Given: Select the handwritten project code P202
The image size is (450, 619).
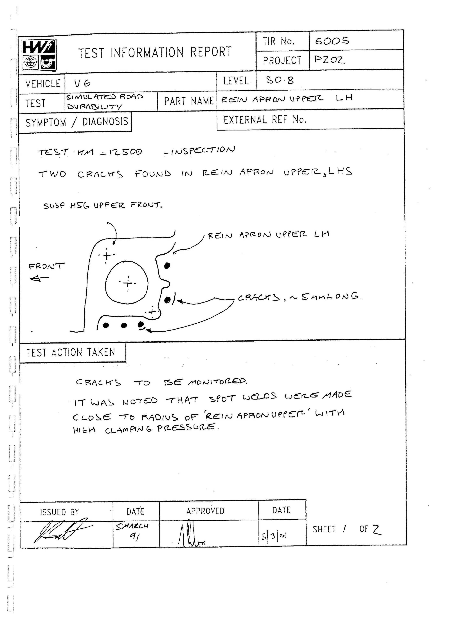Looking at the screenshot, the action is pos(329,59).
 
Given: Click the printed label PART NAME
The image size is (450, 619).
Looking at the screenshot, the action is pos(189,101).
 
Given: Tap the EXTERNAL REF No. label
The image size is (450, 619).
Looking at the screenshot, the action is pos(265,120).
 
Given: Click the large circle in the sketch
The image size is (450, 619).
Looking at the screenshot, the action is pos(127,283).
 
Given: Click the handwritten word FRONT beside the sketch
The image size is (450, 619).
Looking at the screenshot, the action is pos(46,266).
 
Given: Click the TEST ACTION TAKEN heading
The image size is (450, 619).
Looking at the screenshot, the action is pos(71,353).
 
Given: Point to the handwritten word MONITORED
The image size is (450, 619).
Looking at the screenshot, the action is pos(217,382).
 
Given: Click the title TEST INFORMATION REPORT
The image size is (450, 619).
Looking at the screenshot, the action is pos(155,52).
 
